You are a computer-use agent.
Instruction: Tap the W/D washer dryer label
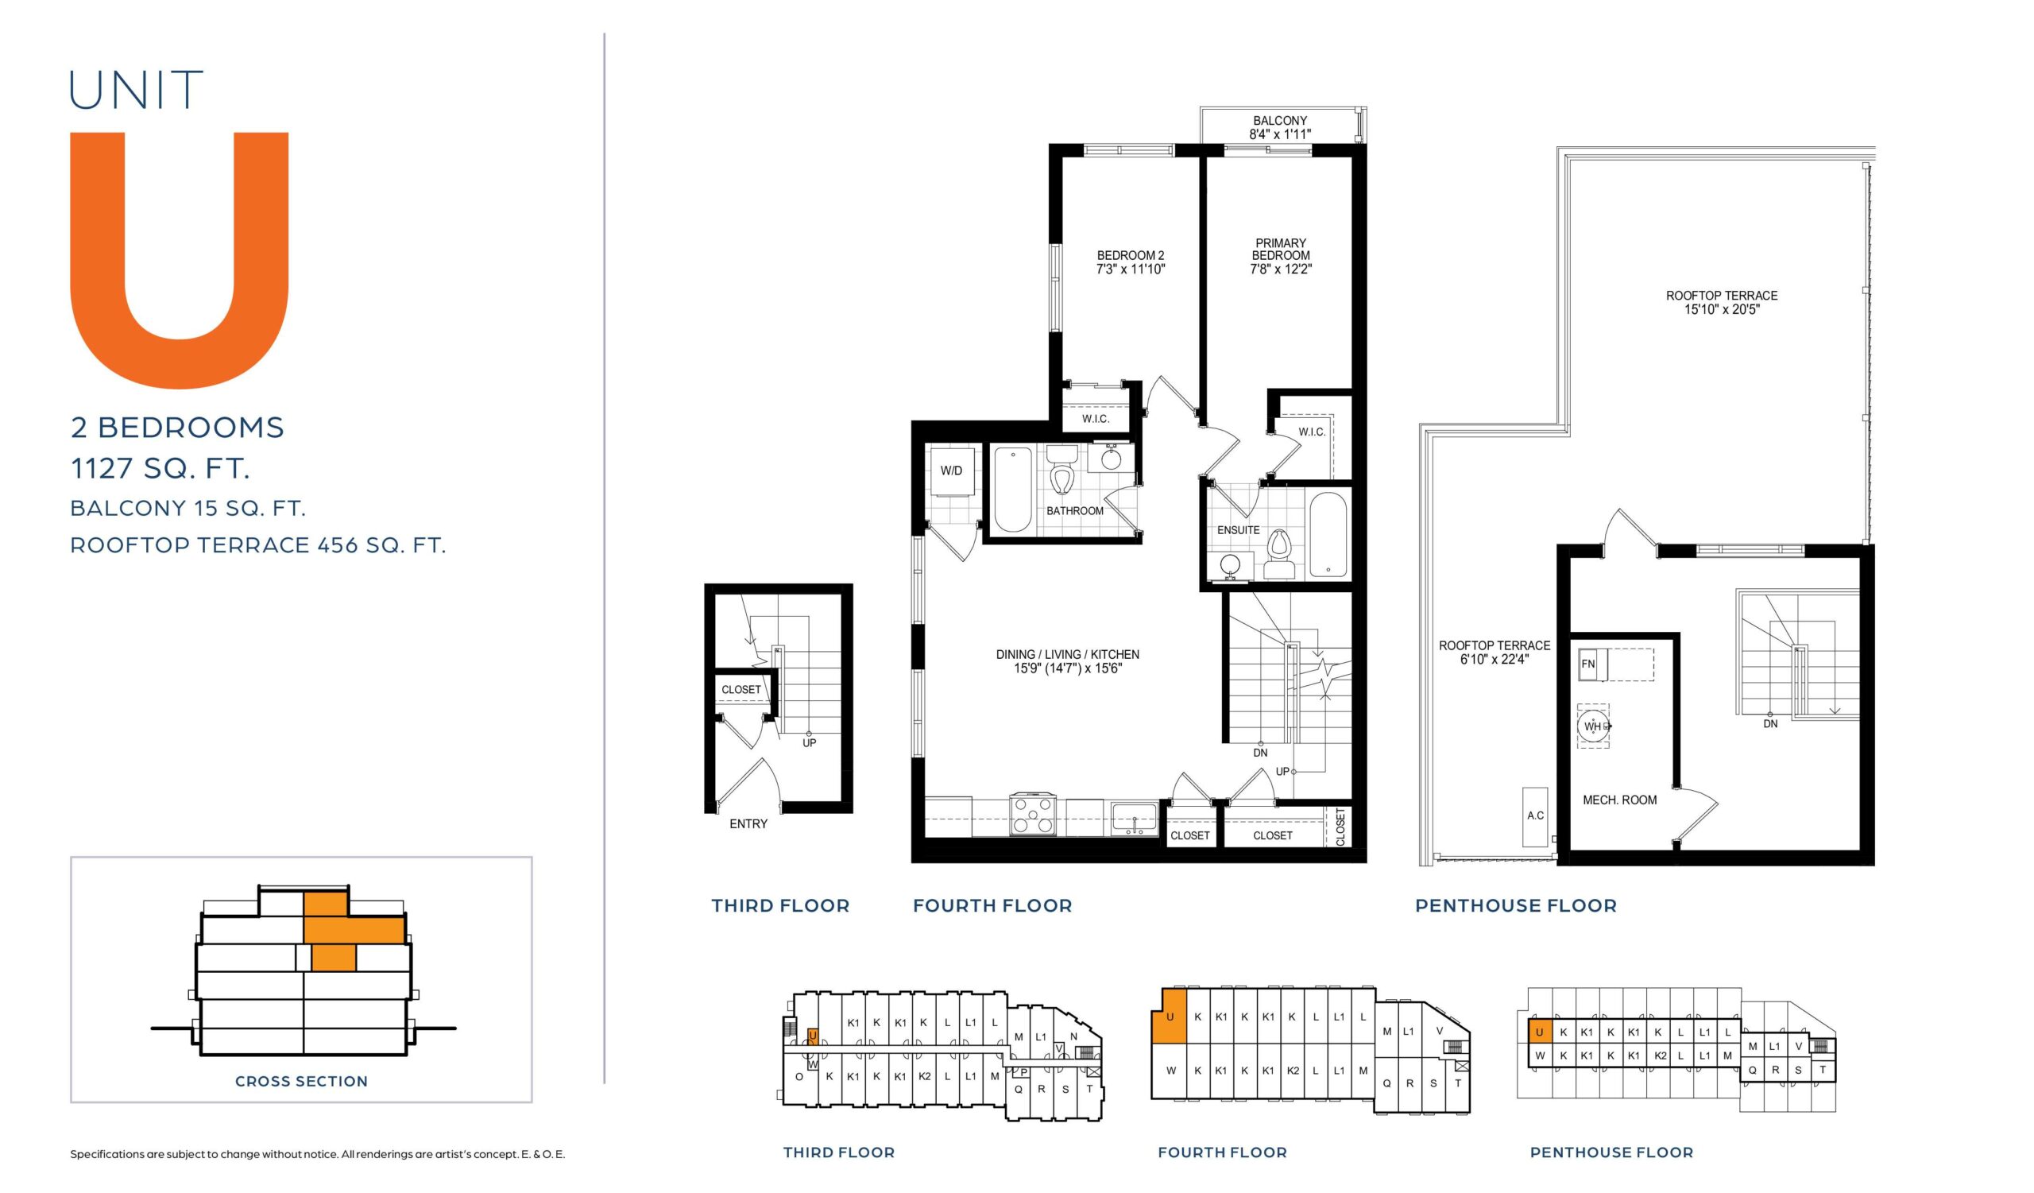click(x=952, y=471)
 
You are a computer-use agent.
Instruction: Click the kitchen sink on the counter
click(x=1134, y=818)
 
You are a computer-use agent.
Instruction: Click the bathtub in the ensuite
click(x=1328, y=535)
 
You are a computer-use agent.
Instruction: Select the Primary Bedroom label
click(x=1281, y=249)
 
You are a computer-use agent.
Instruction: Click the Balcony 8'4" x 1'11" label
click(x=1280, y=127)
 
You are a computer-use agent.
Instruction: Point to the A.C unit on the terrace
click(x=1535, y=816)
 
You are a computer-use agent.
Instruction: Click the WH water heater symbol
click(x=1593, y=726)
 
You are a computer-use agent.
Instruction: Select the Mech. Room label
click(x=1619, y=800)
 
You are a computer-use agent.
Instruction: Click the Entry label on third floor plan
click(x=748, y=824)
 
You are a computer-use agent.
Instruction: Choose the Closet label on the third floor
click(x=741, y=689)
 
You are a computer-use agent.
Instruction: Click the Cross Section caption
click(x=301, y=1081)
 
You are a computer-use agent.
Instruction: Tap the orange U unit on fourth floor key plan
click(x=1170, y=1017)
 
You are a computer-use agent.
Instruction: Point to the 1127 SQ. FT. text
click(x=160, y=468)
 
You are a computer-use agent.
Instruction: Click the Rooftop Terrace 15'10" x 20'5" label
click(x=1722, y=302)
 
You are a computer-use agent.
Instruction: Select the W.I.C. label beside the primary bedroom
click(x=1312, y=432)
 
